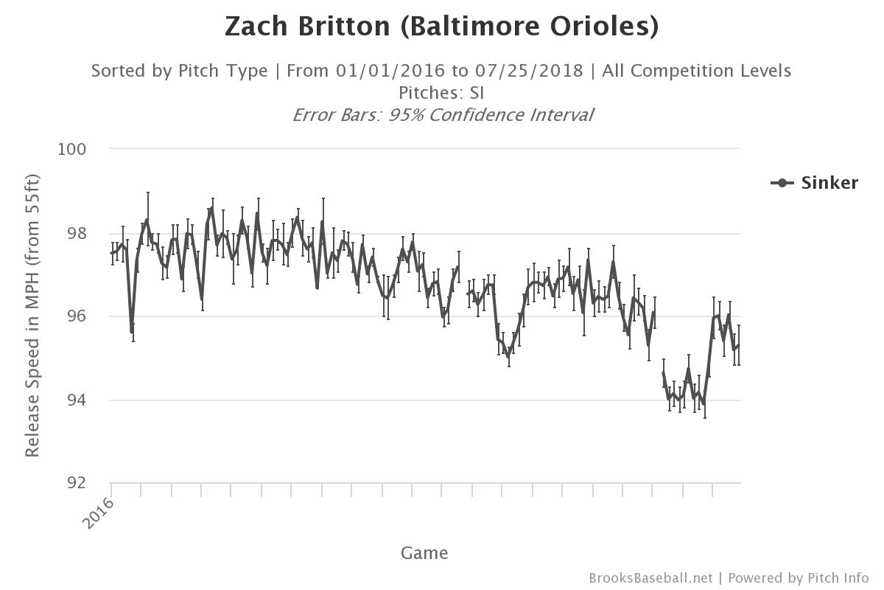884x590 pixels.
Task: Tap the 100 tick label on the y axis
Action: [x=71, y=149]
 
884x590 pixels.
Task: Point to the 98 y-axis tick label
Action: [x=77, y=233]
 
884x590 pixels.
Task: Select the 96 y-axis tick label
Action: [x=77, y=316]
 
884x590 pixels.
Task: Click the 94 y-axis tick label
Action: [x=77, y=400]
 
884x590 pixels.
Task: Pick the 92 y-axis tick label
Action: [x=77, y=483]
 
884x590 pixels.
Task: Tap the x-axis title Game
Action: [x=424, y=553]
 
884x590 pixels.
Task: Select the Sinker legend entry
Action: [x=829, y=183]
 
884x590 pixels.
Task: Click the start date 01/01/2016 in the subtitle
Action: [x=390, y=71]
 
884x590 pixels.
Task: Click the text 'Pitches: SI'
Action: [x=441, y=93]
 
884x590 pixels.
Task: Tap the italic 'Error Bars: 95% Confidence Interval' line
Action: [x=442, y=115]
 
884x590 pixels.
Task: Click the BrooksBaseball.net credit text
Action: [x=650, y=578]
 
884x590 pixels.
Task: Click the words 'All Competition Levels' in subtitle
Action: [x=696, y=71]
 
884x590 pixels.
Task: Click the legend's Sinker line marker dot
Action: [x=782, y=183]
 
